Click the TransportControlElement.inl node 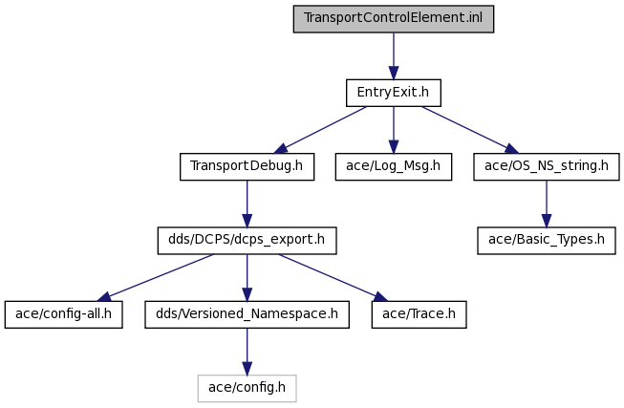(x=394, y=19)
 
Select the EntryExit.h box (x=394, y=93)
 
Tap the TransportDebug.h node (x=247, y=166)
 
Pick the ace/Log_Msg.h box (x=394, y=166)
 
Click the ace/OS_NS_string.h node (x=547, y=166)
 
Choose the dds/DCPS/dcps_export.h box (x=247, y=241)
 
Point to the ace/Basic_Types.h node (x=547, y=241)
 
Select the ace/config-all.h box (x=64, y=314)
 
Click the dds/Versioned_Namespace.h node (x=247, y=314)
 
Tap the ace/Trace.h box (x=420, y=314)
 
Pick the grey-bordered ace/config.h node (x=247, y=388)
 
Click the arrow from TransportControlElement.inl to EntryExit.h (x=394, y=56)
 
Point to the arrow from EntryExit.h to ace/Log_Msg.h (x=394, y=130)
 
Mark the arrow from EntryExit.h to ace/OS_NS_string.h (x=470, y=130)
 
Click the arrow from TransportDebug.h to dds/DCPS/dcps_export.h (x=247, y=204)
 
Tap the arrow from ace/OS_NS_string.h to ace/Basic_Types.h (x=547, y=204)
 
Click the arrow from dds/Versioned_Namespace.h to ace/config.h (x=247, y=352)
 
